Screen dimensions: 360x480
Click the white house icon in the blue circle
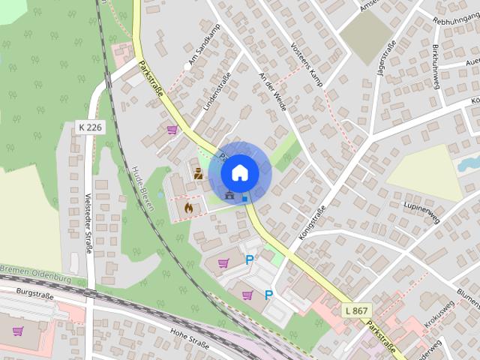pyautogui.click(x=239, y=172)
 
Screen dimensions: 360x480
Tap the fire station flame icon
pyautogui.click(x=187, y=205)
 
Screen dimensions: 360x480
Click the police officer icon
pyautogui.click(x=198, y=174)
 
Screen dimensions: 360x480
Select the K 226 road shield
pyautogui.click(x=90, y=127)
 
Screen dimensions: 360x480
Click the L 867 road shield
pyautogui.click(x=356, y=310)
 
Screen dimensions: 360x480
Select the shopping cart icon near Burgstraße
pyautogui.click(x=18, y=331)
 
